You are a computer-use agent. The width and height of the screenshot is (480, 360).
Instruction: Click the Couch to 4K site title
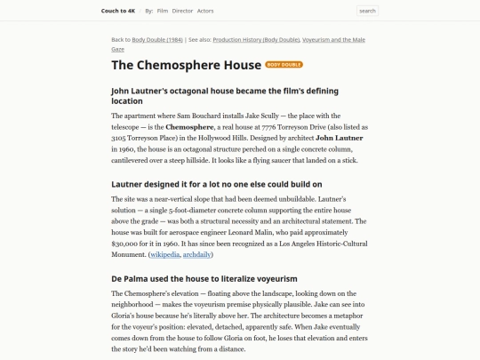point(118,11)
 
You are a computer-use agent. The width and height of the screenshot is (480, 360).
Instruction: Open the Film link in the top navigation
point(163,11)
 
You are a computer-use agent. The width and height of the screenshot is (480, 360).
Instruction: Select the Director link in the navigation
point(182,11)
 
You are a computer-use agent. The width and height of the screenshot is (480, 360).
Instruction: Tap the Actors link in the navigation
point(205,11)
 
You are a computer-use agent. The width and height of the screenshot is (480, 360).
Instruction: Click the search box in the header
point(367,11)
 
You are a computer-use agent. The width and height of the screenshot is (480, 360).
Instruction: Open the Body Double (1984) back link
point(157,40)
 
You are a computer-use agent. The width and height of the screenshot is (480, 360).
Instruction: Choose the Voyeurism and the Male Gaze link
point(332,40)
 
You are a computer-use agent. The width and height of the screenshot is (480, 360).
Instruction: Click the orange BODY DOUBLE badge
point(284,65)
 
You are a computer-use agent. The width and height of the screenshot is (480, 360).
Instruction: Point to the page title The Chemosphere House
point(186,65)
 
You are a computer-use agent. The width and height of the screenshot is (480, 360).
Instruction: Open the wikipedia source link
point(164,255)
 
